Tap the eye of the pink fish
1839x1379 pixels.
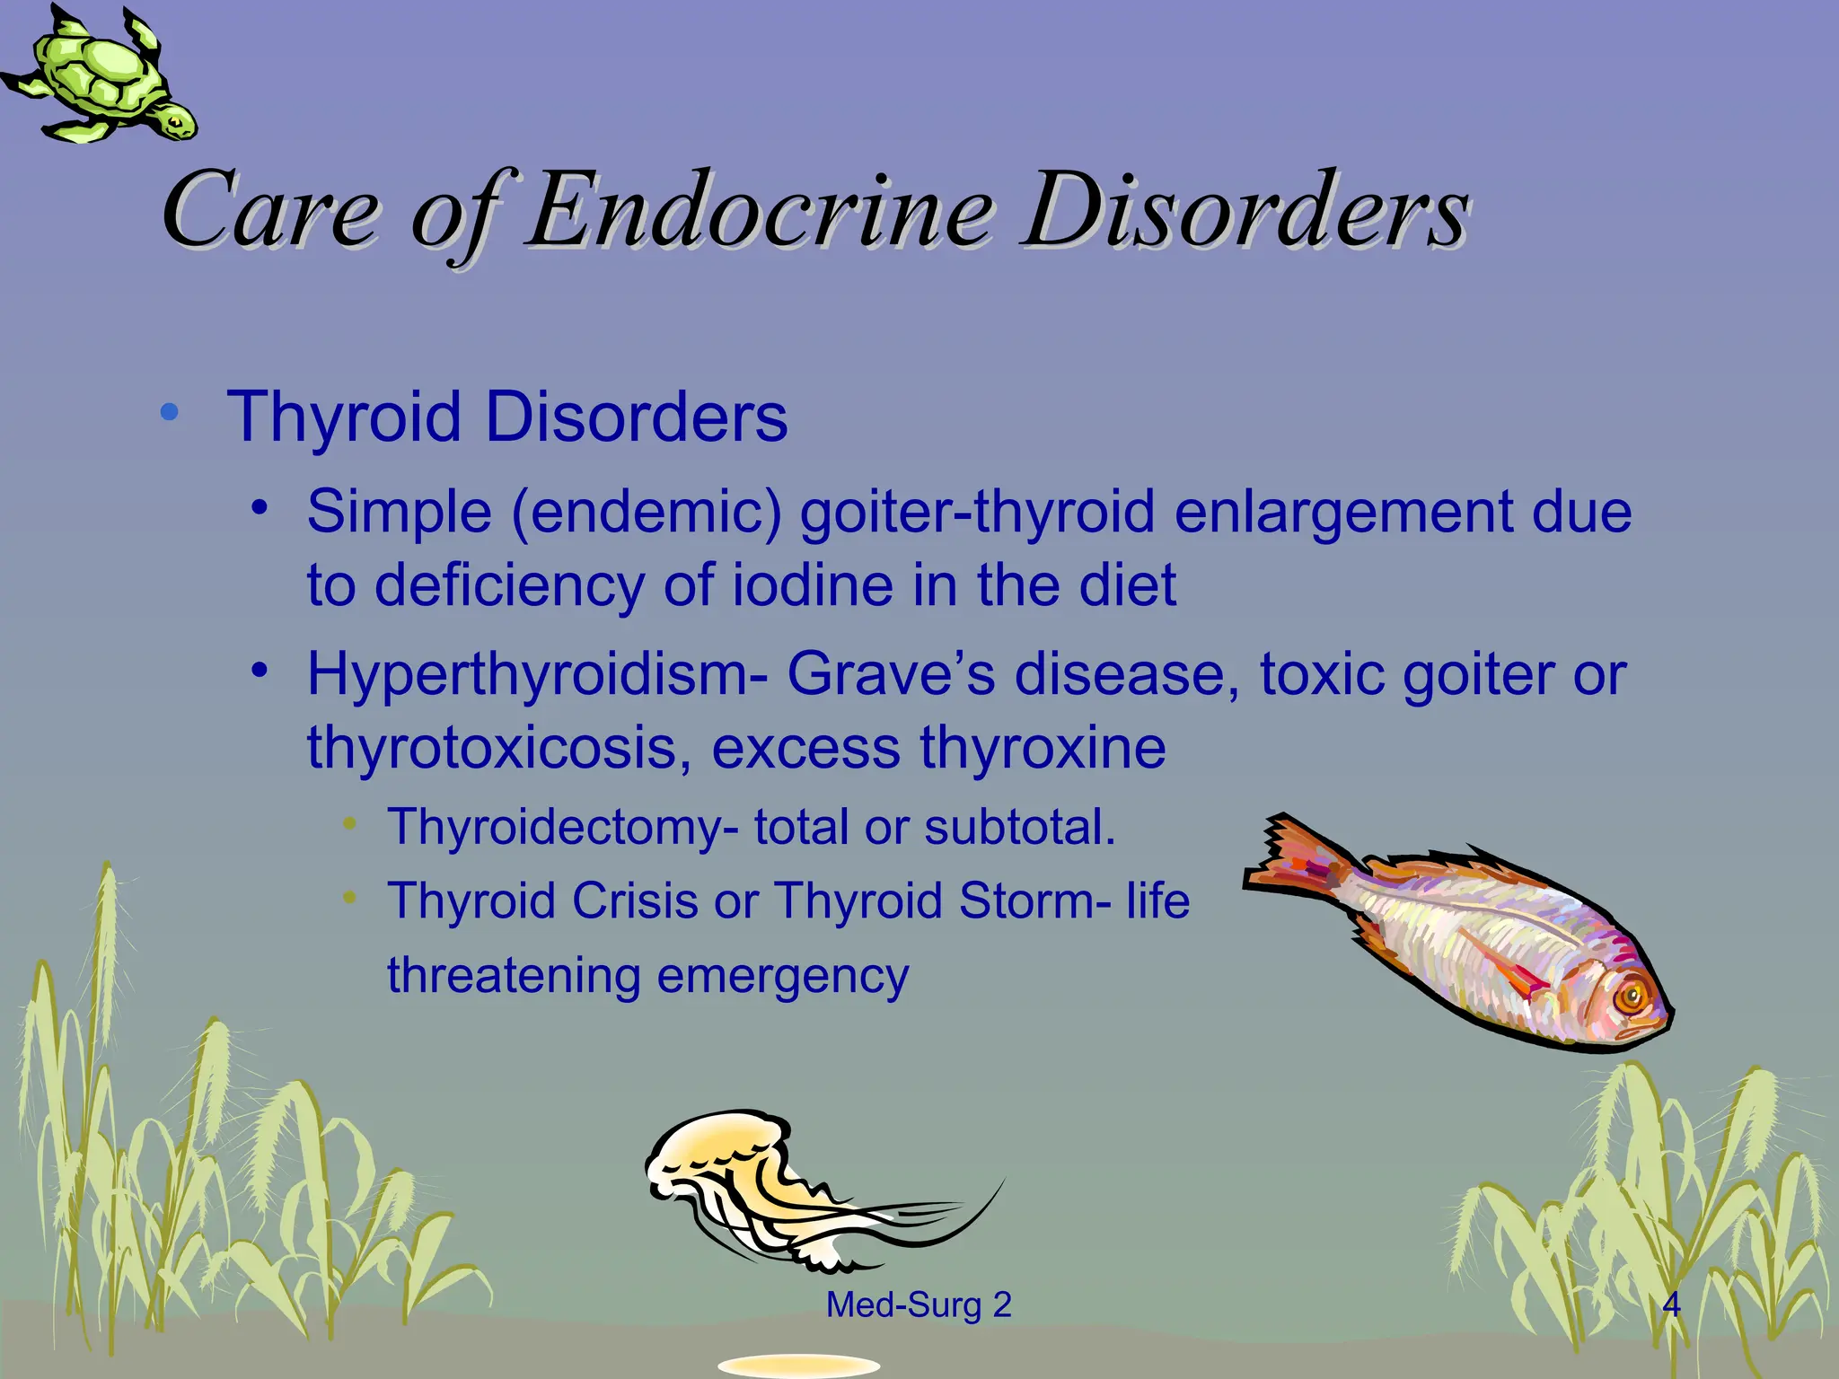click(1628, 997)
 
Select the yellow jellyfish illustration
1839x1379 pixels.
click(763, 1185)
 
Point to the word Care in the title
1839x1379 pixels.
click(269, 212)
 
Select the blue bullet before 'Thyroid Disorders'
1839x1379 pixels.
click(169, 413)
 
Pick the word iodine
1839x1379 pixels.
click(813, 585)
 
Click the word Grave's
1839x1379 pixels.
click(891, 675)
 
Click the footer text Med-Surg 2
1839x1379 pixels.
click(919, 1304)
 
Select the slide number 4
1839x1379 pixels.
click(1671, 1304)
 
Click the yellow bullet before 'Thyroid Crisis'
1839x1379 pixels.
click(350, 897)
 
